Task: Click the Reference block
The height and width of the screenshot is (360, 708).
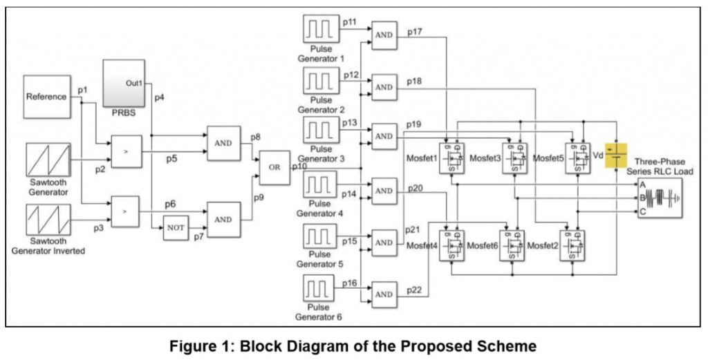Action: (x=47, y=97)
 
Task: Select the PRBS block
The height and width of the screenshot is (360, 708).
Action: (x=125, y=82)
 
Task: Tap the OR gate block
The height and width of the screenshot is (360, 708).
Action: (x=274, y=168)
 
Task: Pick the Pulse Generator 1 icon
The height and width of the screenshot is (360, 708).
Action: (x=320, y=30)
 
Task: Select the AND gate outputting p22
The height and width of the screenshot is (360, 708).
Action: (x=384, y=294)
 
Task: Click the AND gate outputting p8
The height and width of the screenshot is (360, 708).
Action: (x=224, y=142)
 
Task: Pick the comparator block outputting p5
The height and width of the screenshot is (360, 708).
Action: (x=124, y=153)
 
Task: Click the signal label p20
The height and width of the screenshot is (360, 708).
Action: (x=415, y=187)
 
